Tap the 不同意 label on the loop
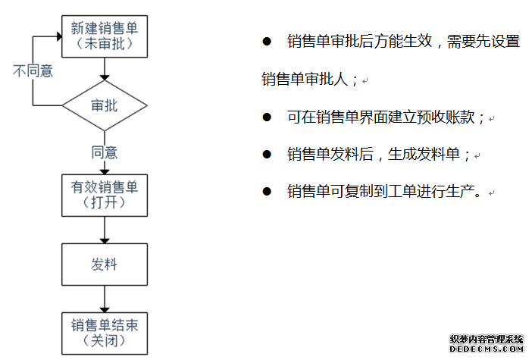pos(33,71)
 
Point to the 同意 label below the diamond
pos(105,152)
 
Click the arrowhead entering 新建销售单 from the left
pos(59,36)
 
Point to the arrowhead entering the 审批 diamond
pos(105,78)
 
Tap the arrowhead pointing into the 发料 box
pos(105,241)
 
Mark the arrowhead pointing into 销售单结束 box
pos(105,310)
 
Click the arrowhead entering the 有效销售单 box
pos(105,172)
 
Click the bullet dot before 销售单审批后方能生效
pos(267,42)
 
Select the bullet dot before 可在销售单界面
pos(267,117)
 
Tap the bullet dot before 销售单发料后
pos(267,155)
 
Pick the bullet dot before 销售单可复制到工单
pos(267,191)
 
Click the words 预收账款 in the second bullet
pos(446,117)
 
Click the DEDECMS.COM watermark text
pos(487,349)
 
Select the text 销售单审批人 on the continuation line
pos(305,80)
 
